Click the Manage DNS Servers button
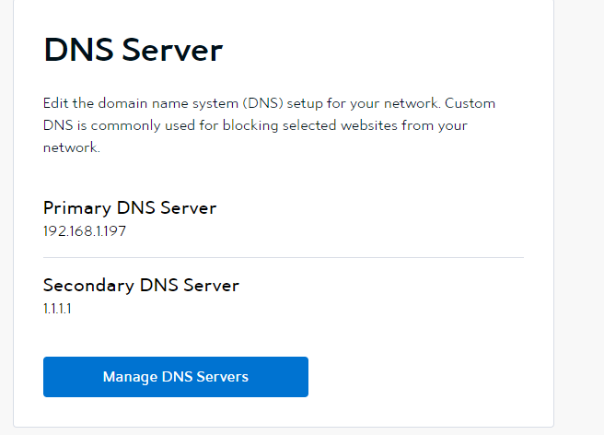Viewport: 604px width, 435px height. tap(176, 377)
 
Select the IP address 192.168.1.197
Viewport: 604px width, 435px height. tap(85, 231)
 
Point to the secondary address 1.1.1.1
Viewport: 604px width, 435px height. tap(57, 309)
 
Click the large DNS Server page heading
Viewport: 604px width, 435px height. tap(134, 50)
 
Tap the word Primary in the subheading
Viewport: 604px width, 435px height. tap(77, 208)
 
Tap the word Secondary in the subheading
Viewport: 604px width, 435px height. tap(88, 286)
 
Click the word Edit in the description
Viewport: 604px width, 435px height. tap(55, 103)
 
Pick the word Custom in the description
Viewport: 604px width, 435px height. tap(470, 103)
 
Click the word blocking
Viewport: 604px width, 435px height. tap(250, 125)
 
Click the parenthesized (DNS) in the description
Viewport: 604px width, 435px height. tap(263, 103)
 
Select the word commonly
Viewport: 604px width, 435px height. tap(125, 125)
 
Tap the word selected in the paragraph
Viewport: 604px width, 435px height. tap(309, 125)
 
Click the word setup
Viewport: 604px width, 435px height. tap(305, 104)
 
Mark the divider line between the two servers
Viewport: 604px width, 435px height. tap(284, 257)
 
